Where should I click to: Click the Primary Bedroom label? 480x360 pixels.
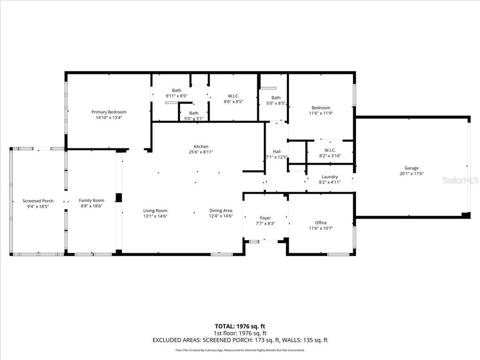(109, 112)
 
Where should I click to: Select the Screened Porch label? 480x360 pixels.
(38, 201)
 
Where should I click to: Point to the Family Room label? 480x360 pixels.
(91, 201)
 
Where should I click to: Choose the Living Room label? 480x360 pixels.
(155, 211)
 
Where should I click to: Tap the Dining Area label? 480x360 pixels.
(221, 211)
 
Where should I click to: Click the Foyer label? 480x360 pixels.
(265, 218)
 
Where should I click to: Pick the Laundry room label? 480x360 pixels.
(330, 177)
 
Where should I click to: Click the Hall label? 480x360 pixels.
(277, 151)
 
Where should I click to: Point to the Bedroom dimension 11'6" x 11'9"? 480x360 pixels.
(321, 113)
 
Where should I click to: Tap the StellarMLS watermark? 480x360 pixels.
(460, 180)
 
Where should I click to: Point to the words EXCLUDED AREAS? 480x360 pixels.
(175, 340)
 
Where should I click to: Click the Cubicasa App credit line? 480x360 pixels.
(240, 350)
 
